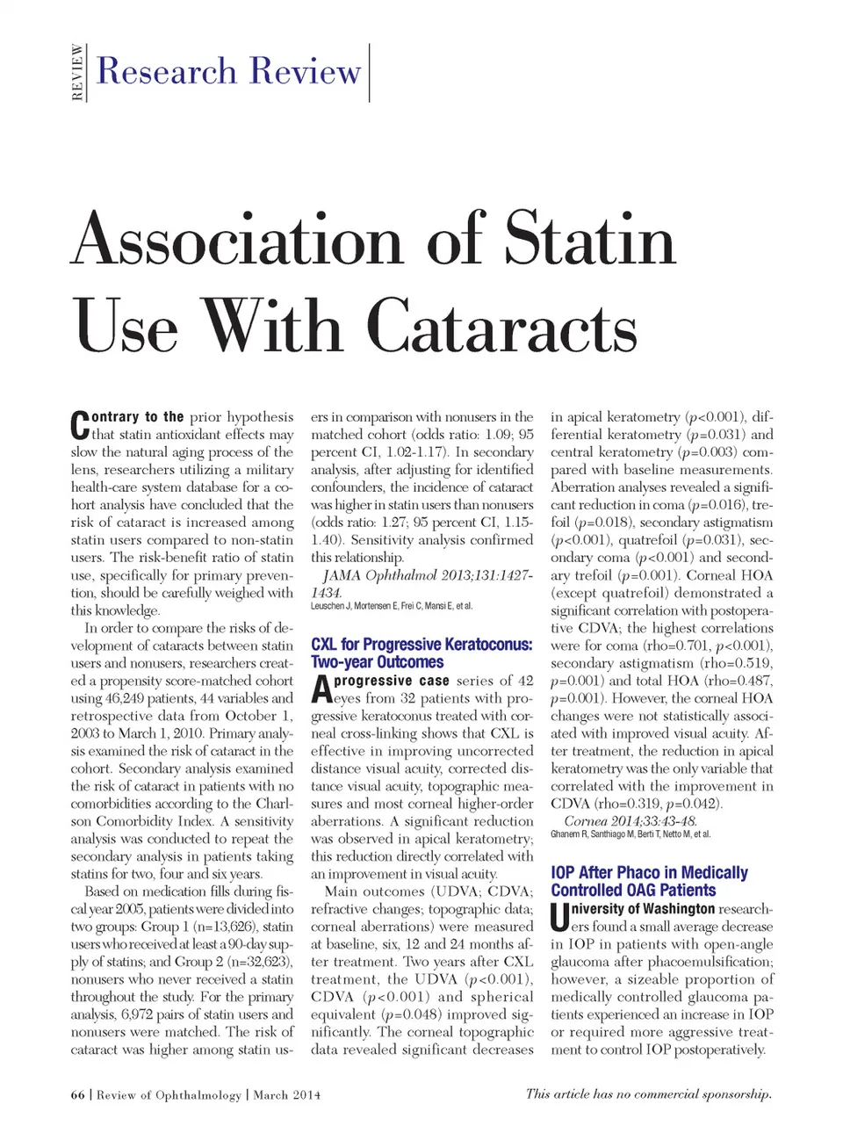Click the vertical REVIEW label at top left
pyautogui.click(x=77, y=73)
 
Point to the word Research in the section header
pyautogui.click(x=167, y=71)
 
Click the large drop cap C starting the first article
pyautogui.click(x=80, y=426)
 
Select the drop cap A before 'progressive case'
pyautogui.click(x=321, y=689)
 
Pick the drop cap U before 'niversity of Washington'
pyautogui.click(x=559, y=918)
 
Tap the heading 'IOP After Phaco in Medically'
pyautogui.click(x=649, y=872)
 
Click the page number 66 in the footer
pyautogui.click(x=78, y=1095)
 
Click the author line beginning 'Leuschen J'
pyautogui.click(x=392, y=606)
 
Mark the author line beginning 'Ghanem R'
pyautogui.click(x=630, y=834)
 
